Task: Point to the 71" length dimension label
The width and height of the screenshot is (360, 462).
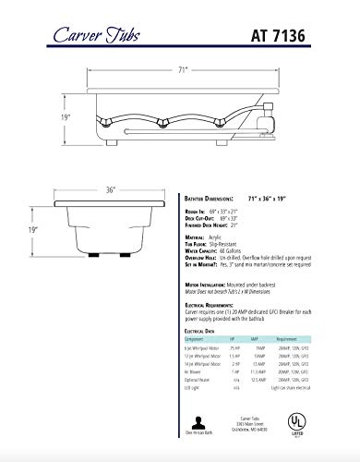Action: click(183, 68)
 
